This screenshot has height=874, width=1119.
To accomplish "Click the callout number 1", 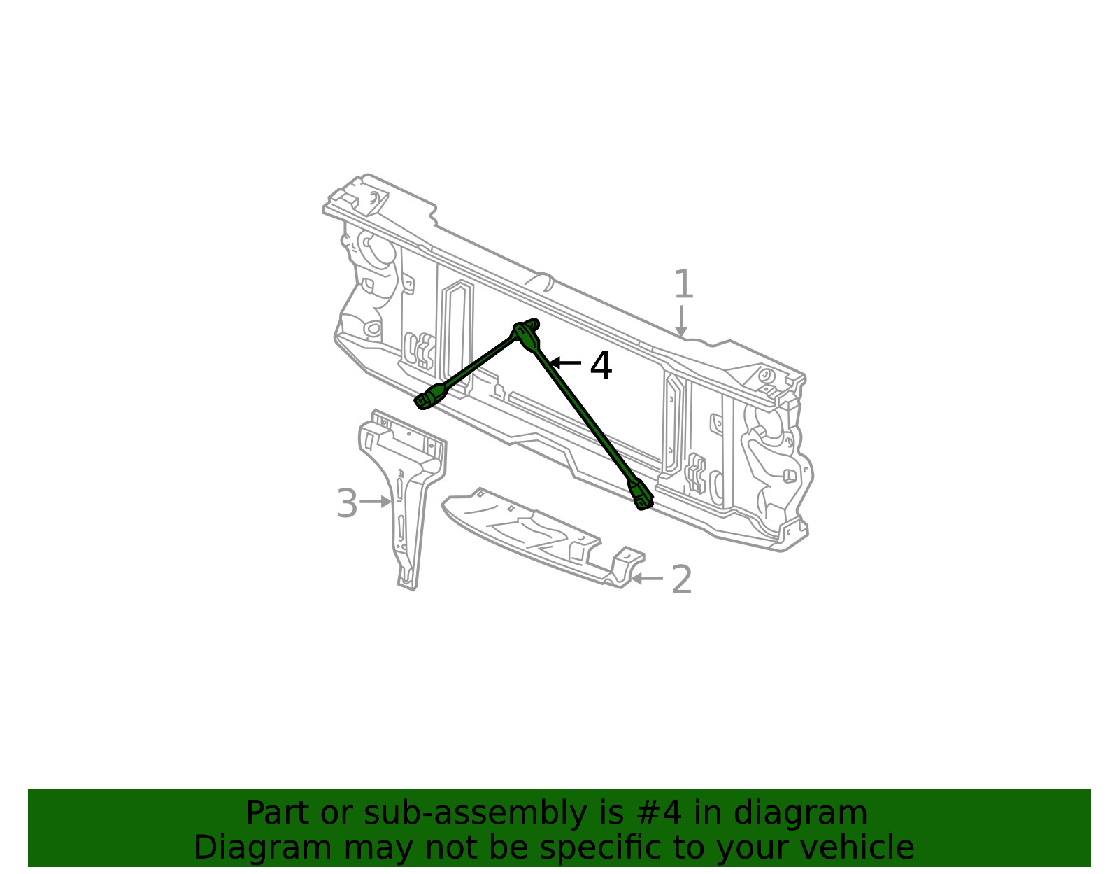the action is coord(683,284).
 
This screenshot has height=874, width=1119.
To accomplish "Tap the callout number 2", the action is coord(682,579).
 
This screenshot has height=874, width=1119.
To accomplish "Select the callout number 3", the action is coord(347,503).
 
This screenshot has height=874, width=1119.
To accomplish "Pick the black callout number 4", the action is coord(601,366).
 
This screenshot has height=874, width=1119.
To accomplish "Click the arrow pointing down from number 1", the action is coord(680,322).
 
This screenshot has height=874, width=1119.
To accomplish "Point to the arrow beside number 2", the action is coord(647,579).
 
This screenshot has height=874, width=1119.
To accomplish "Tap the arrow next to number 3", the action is coord(376,501).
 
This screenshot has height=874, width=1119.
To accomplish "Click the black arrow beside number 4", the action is coord(565,363).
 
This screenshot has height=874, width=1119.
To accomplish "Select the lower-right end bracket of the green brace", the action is coord(640,495).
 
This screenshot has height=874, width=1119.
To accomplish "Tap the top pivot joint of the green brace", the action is coord(526,333).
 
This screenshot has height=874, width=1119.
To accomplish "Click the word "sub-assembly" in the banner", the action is coord(475,813).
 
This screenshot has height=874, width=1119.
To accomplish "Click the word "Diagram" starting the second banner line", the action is coord(263,847).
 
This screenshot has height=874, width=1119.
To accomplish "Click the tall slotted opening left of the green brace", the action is coord(456,337).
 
